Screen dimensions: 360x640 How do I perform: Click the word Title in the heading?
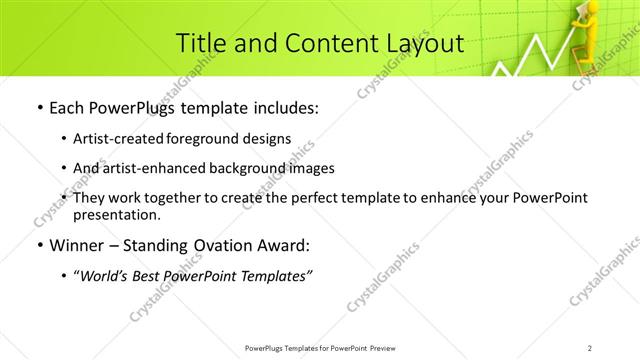201,43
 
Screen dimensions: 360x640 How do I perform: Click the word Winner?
74,246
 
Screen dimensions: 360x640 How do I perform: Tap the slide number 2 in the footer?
590,348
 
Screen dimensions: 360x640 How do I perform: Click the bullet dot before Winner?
37,246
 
